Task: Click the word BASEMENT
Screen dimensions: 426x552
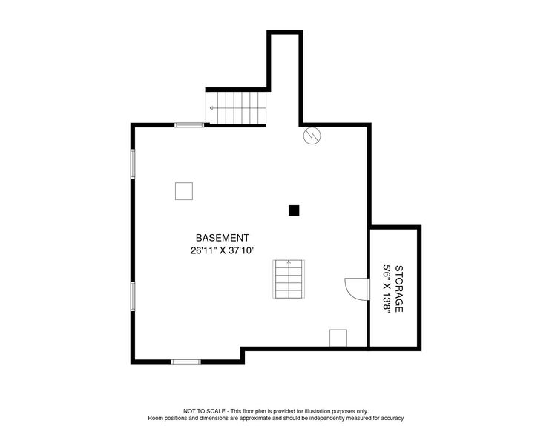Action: point(222,238)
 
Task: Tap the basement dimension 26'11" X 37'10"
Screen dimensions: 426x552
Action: point(222,250)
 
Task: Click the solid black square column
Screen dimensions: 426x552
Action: point(295,210)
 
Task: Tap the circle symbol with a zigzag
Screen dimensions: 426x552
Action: point(312,136)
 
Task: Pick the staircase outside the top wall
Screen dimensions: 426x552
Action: point(235,108)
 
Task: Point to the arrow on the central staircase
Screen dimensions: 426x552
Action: point(288,264)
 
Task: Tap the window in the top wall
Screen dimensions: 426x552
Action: point(189,125)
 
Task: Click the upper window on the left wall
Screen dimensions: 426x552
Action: point(133,164)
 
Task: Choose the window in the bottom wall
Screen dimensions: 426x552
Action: point(186,362)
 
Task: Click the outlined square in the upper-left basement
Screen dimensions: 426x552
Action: point(184,190)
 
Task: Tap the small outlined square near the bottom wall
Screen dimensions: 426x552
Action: point(338,337)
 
